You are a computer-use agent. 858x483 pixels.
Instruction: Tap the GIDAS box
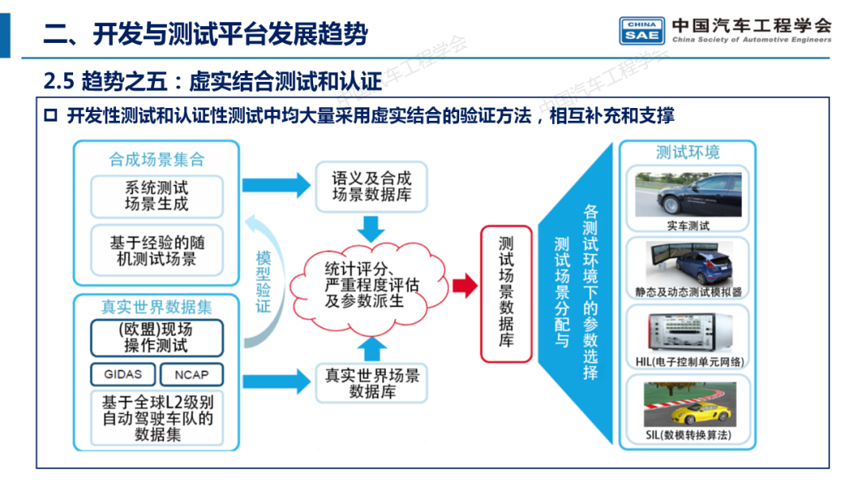coord(123,373)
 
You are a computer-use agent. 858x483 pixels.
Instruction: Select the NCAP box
coord(191,373)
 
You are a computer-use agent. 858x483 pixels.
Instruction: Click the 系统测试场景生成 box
coord(157,196)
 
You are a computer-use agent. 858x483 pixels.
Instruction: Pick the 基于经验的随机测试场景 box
coord(157,249)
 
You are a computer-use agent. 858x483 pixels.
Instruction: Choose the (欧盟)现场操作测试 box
coord(157,337)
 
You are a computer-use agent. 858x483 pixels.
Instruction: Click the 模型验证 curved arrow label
coord(263,281)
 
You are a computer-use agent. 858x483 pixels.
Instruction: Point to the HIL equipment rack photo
coord(688,330)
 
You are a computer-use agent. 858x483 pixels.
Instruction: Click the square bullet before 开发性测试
coord(51,116)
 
